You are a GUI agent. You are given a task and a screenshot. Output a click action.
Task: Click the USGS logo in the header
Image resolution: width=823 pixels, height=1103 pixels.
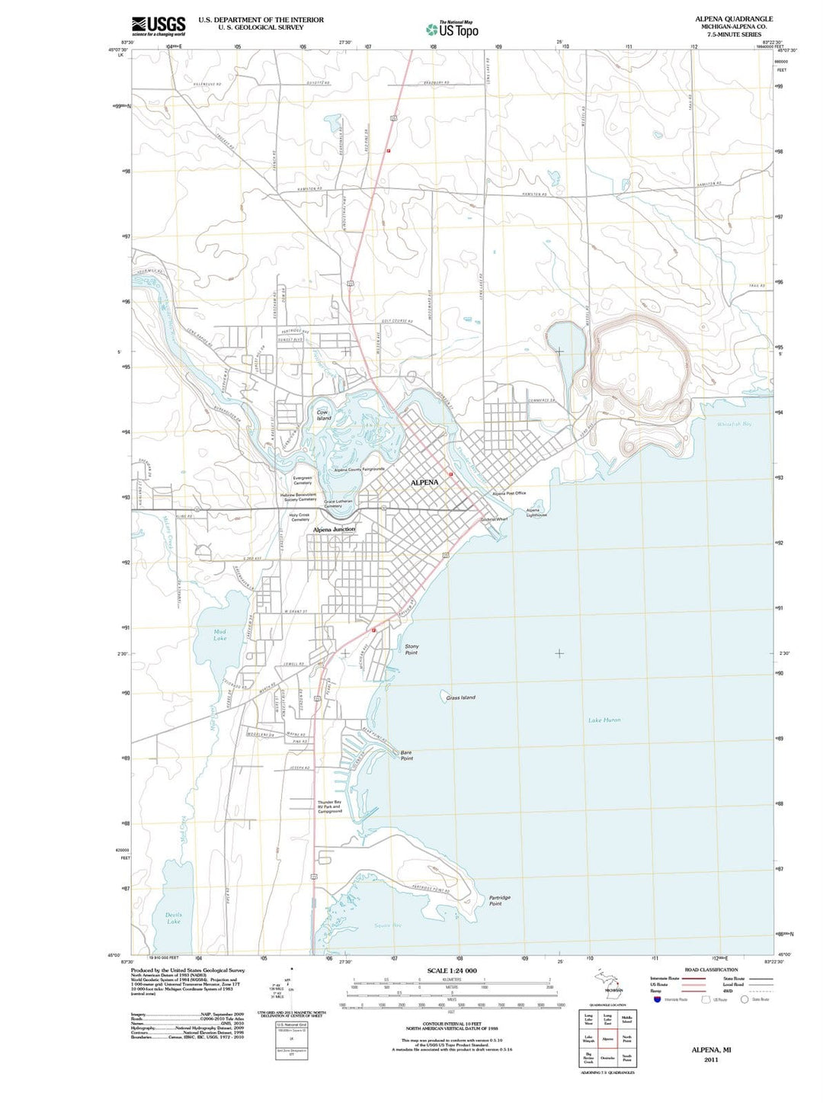pos(158,26)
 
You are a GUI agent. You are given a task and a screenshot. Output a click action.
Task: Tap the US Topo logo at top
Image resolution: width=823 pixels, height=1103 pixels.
pos(453,29)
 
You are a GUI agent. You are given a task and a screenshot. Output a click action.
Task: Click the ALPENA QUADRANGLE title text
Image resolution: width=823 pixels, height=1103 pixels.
pos(733,19)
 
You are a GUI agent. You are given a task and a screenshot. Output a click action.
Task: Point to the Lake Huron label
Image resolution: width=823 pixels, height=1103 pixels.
pos(604,720)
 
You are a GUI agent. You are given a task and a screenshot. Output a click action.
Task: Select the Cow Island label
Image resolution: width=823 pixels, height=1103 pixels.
pos(324,415)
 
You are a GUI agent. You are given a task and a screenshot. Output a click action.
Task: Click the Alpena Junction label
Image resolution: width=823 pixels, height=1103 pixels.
pos(334,529)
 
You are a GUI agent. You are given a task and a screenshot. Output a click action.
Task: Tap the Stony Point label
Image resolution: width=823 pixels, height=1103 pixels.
pos(411,649)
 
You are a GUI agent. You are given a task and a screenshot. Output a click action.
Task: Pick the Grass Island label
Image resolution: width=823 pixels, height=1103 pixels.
pos(461,697)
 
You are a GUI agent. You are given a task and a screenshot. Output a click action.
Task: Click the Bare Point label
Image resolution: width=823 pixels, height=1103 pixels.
pos(407,755)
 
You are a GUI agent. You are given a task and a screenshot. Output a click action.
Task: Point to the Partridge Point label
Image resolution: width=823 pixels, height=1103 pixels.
pos(499,900)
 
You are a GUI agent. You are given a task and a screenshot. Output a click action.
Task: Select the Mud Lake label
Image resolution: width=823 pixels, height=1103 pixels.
pos(220,634)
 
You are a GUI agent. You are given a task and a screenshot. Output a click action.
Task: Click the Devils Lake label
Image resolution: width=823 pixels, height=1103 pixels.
pos(174,918)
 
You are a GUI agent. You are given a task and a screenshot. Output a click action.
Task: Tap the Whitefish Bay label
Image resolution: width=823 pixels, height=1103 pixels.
pos(734,424)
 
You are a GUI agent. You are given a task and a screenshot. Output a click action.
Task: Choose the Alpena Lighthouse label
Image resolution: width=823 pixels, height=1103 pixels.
pos(536,512)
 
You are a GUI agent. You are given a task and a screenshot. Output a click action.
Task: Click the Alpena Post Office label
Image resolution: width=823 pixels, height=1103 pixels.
pos(509,493)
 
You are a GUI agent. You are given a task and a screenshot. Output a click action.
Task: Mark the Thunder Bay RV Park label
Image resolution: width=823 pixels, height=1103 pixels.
pos(330,806)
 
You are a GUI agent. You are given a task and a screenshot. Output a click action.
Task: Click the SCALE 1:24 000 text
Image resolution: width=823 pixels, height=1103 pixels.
pos(452,970)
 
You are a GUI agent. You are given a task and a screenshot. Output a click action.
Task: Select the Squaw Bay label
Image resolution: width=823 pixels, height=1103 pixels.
pos(387,925)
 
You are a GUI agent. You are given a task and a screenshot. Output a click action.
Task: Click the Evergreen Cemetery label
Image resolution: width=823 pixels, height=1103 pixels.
pos(303,480)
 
